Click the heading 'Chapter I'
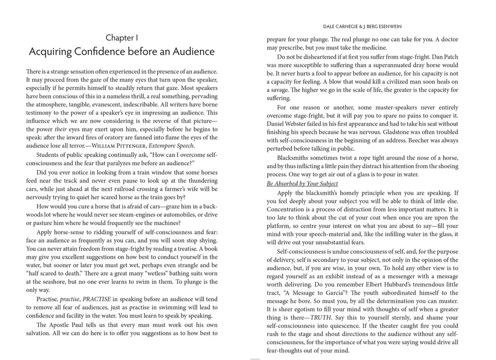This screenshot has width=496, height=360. point(122,38)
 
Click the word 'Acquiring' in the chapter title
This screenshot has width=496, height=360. point(52,52)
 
